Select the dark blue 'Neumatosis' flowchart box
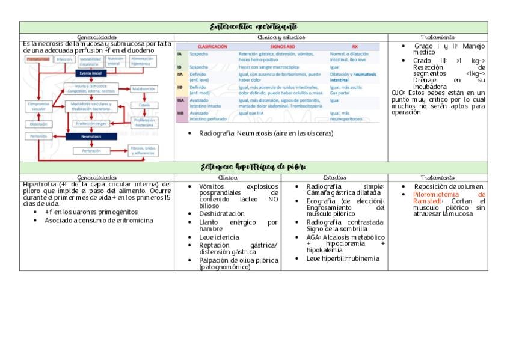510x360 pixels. pos(90,136)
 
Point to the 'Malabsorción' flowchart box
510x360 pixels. pos(144,88)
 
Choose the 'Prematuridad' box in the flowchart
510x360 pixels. pos(38,59)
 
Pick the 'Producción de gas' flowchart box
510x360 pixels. pos(90,123)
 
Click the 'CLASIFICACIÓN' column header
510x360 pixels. pos(209,46)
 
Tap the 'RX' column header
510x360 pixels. pos(355,46)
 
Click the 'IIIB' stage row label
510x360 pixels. pos(180,112)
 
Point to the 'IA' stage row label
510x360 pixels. pos(179,54)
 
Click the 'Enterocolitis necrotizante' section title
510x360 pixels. pos(253,27)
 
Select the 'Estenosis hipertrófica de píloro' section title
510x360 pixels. pos(253,166)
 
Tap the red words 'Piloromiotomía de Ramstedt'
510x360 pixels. pos(448,198)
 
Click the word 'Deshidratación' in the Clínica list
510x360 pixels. pos(222,213)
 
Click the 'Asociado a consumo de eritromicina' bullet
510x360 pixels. pos(99,220)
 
